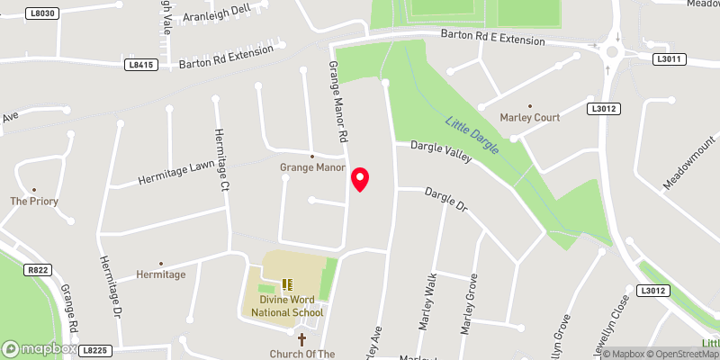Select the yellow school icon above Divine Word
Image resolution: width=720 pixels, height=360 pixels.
coord(287,284)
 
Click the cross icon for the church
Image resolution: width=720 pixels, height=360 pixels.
coord(301,339)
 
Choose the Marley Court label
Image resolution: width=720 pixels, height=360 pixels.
coord(530,117)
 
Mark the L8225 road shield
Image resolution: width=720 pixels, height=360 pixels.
coord(94,349)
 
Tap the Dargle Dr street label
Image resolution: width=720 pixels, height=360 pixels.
coord(447,200)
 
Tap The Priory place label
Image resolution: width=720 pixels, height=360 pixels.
coord(34,202)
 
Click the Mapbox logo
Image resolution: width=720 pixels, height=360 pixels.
coord(40,348)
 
